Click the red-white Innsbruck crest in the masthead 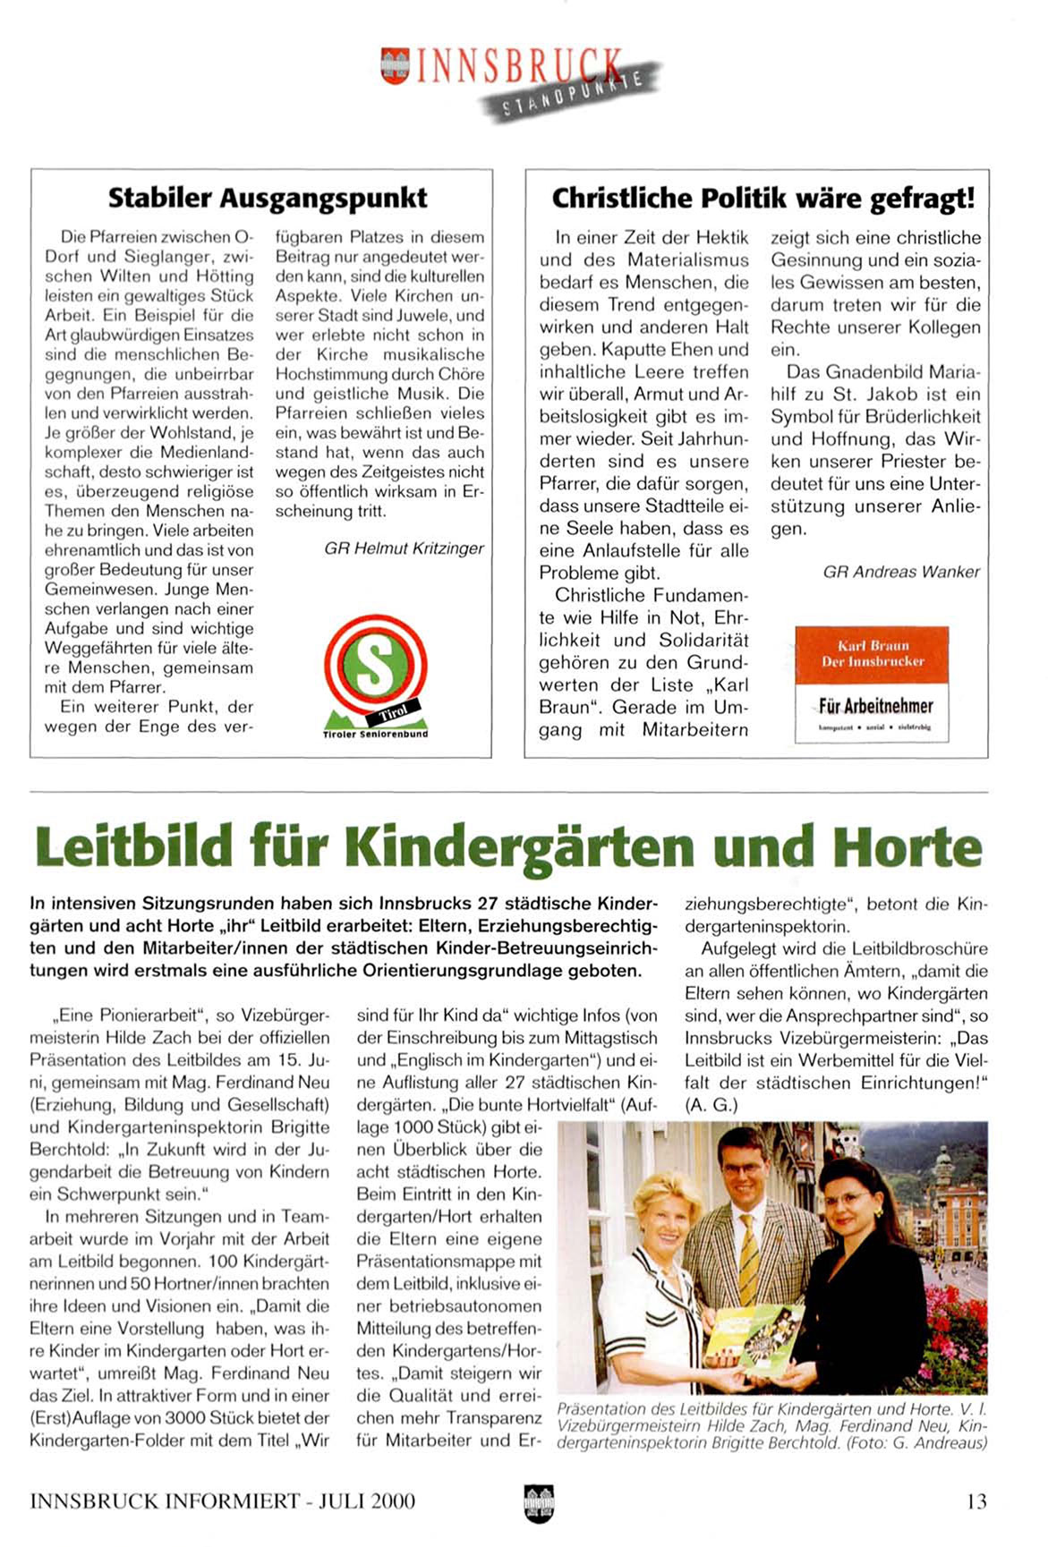click(395, 66)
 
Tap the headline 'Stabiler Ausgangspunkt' click(268, 198)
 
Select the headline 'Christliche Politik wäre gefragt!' click(763, 198)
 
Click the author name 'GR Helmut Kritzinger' click(404, 548)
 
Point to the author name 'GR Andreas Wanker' click(901, 572)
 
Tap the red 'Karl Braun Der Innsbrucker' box click(872, 654)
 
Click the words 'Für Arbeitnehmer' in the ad click(875, 706)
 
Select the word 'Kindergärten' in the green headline click(519, 846)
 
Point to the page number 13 click(976, 1500)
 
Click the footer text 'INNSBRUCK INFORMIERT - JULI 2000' click(222, 1500)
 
